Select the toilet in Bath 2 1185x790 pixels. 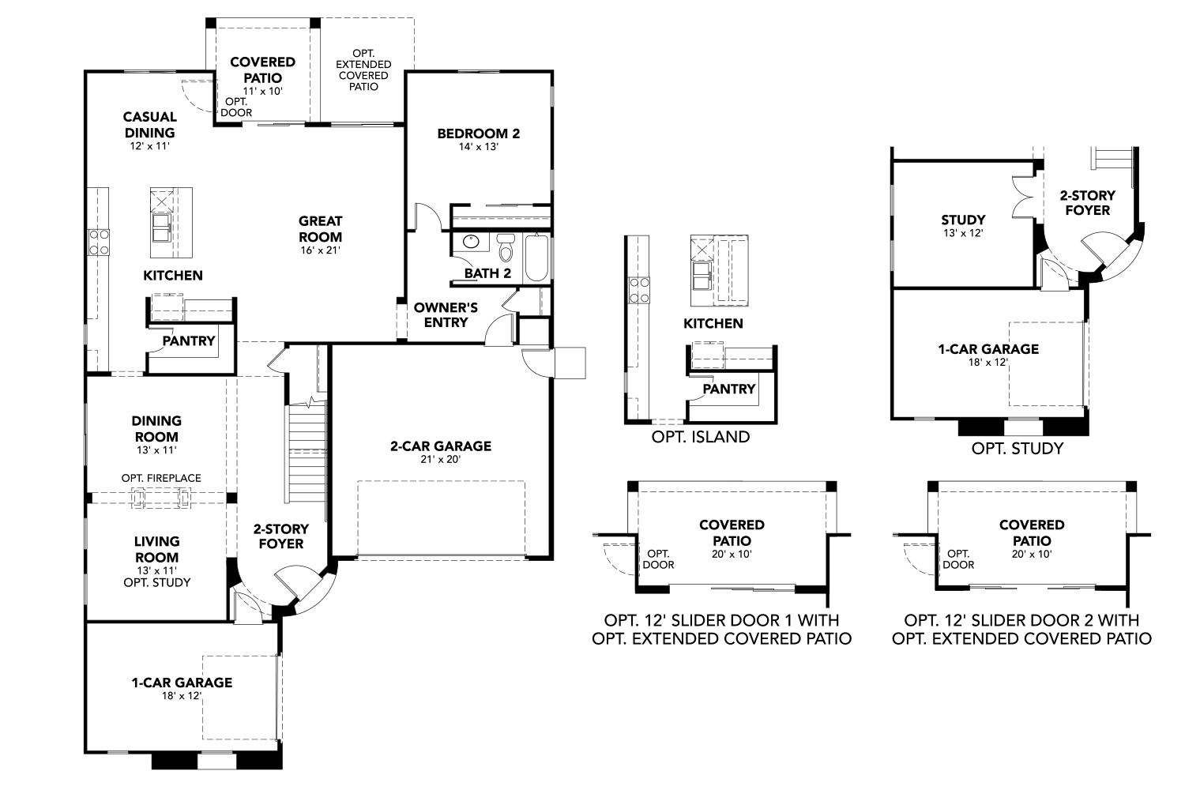point(506,248)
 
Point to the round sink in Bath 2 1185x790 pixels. point(470,242)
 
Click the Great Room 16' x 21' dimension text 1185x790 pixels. point(320,250)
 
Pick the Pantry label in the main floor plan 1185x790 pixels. point(189,340)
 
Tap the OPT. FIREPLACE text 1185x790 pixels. point(161,478)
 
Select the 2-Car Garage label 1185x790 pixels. point(440,446)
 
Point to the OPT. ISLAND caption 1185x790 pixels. point(701,437)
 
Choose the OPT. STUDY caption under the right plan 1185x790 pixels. point(1017,448)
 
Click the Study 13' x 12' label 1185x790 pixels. point(963,226)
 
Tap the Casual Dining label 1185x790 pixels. point(149,125)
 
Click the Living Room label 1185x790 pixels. point(156,549)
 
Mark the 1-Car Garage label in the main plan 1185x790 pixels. point(182,682)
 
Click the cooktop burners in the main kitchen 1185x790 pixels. point(99,242)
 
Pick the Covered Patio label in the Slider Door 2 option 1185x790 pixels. point(1032,533)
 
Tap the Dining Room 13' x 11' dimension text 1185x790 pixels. point(156,450)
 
